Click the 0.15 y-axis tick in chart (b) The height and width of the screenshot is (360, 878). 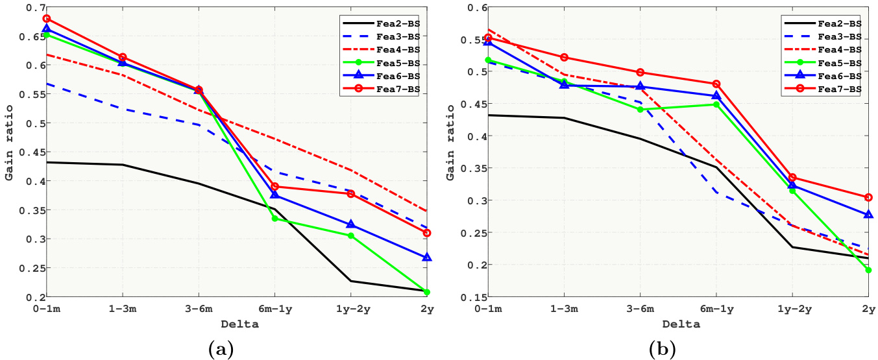[472, 297]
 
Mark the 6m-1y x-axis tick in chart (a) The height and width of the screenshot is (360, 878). [274, 309]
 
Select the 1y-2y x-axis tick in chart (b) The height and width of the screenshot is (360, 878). [792, 309]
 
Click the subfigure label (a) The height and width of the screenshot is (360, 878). [220, 350]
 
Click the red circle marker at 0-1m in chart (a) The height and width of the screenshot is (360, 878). [47, 19]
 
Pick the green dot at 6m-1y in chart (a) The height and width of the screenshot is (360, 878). [274, 219]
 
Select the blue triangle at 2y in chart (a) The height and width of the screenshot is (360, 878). [426, 258]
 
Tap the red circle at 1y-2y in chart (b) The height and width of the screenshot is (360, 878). [792, 177]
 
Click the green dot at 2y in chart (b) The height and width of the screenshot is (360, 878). [868, 270]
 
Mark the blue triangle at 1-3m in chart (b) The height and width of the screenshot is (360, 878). [565, 84]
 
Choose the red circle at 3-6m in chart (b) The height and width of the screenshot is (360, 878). [640, 72]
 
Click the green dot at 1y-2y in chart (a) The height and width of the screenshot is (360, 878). [350, 235]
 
